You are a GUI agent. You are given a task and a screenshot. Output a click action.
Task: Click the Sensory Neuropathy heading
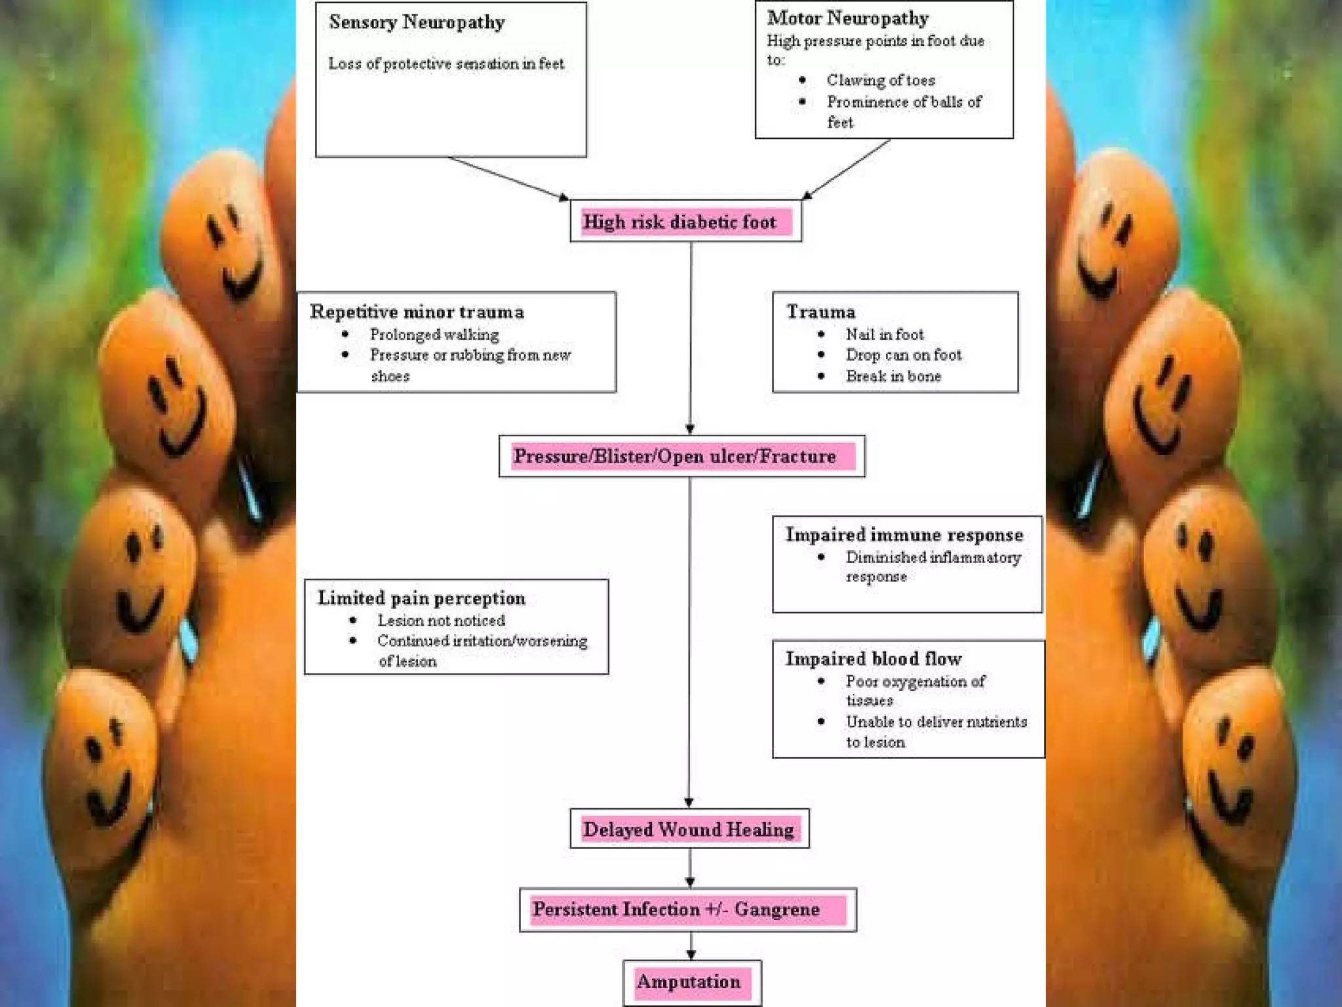click(x=417, y=22)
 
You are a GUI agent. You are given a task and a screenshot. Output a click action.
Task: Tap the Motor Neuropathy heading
click(x=848, y=18)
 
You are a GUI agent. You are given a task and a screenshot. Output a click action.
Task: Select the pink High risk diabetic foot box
click(x=685, y=222)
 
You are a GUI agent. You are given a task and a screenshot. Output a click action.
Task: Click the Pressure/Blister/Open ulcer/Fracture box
click(x=681, y=456)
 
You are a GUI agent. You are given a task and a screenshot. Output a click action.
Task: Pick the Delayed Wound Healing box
click(x=689, y=829)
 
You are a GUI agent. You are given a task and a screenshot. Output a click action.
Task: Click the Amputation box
click(x=691, y=982)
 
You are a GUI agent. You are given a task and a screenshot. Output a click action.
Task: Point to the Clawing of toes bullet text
click(x=881, y=80)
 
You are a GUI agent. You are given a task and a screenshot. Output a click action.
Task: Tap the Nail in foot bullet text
click(x=885, y=334)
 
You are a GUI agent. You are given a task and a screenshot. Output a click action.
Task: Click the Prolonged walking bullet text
click(x=434, y=334)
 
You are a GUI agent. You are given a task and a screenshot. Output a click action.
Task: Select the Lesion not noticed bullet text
click(x=441, y=620)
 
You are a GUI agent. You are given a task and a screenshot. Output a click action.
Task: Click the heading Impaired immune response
click(x=904, y=535)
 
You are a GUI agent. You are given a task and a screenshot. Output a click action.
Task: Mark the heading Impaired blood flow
click(x=873, y=659)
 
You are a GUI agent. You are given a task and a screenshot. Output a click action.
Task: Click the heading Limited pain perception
click(x=421, y=598)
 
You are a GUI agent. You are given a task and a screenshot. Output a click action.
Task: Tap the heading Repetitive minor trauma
click(x=417, y=312)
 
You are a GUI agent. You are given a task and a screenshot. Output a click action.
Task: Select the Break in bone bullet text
click(x=893, y=376)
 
